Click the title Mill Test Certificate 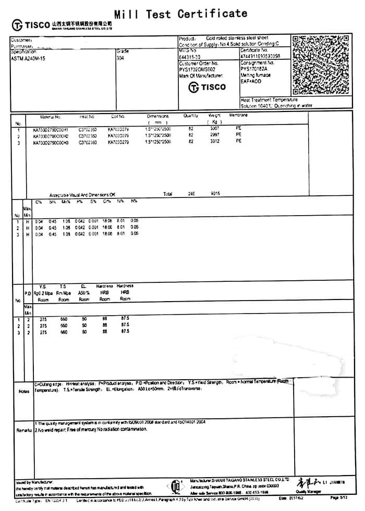pos(180,14)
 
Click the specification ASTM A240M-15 pos(28,58)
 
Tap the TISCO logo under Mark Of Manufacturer pos(207,87)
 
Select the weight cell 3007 pos(215,128)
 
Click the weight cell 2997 pos(215,135)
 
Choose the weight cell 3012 pos(215,141)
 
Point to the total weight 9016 pos(215,194)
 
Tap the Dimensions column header pos(157,117)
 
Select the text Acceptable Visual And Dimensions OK pos(82,194)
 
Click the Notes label pos(23,391)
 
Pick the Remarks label pos(24,430)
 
